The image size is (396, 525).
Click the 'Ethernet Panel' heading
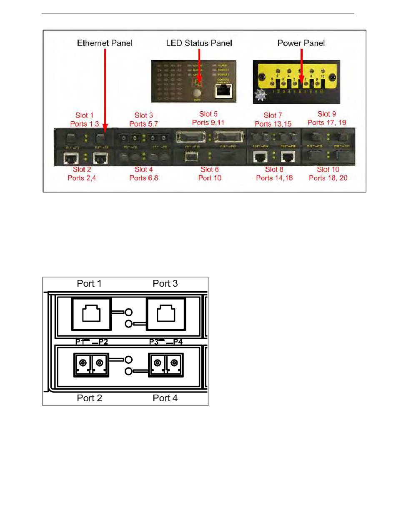tap(105, 43)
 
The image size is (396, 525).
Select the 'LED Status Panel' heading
tap(199, 43)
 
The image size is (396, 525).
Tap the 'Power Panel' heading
tap(301, 43)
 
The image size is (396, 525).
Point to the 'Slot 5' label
tap(208, 114)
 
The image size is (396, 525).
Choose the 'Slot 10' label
tap(328, 170)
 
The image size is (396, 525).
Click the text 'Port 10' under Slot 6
tap(210, 178)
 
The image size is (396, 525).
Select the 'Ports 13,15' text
tap(270, 124)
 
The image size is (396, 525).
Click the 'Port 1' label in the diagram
tap(89, 283)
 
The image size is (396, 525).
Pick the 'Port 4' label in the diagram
tap(165, 398)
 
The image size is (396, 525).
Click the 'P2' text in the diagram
tap(103, 342)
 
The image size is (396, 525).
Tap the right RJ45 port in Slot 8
tap(288, 156)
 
